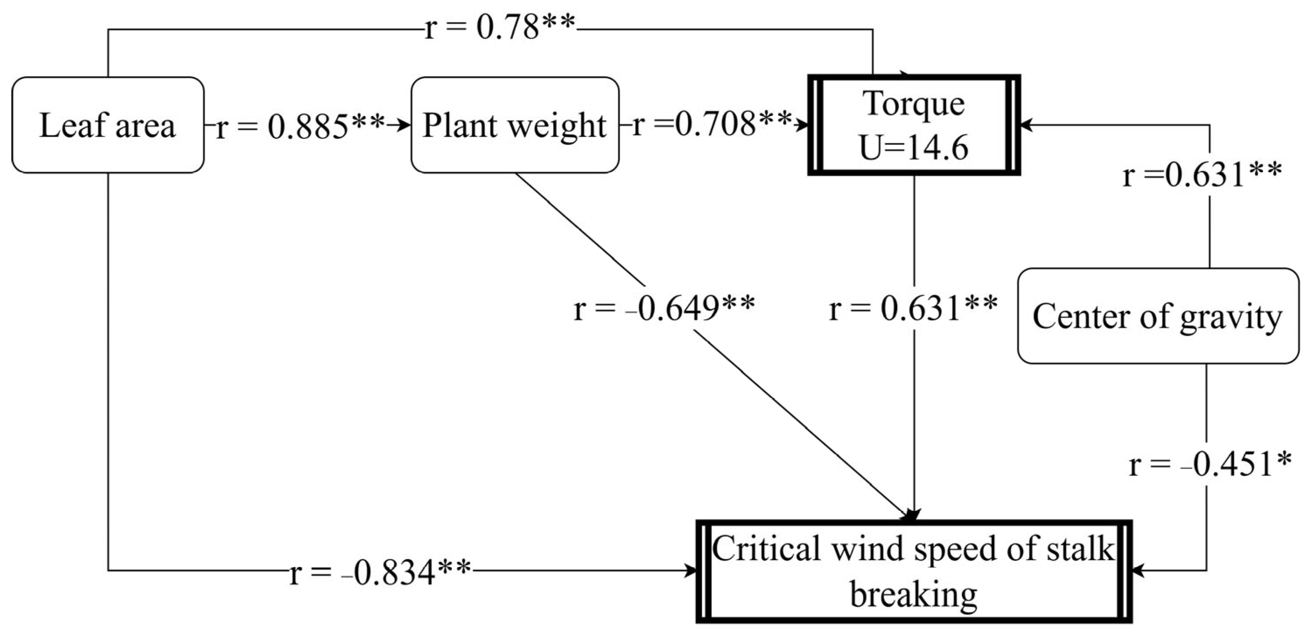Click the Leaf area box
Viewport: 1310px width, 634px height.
107,125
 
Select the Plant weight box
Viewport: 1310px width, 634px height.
515,125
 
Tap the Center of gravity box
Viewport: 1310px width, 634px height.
1157,316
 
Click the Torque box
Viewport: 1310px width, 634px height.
914,104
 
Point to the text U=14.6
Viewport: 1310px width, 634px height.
914,148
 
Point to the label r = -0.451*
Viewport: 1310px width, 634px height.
1209,465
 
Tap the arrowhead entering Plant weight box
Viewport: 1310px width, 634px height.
405,125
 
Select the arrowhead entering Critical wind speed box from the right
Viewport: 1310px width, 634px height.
1138,571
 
